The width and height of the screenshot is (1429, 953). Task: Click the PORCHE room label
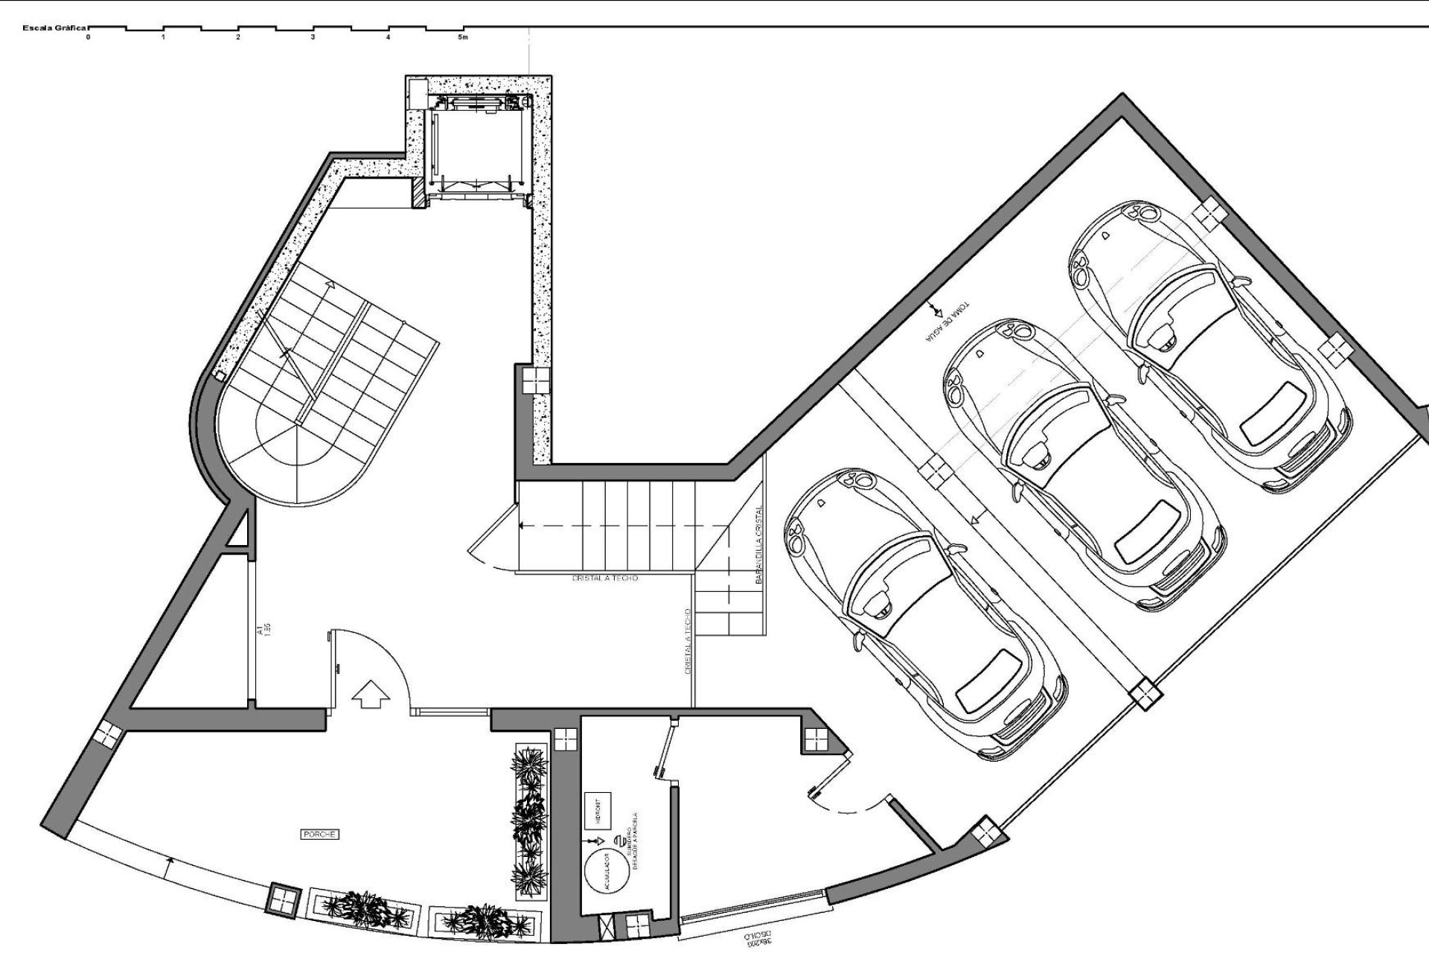(320, 835)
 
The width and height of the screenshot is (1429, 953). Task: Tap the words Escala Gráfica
(56, 28)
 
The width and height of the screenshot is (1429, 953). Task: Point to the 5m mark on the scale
(463, 36)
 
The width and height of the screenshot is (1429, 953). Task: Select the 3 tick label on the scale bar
(313, 36)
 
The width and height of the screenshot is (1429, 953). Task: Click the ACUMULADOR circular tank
(605, 871)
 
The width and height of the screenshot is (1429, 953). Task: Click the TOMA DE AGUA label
(944, 325)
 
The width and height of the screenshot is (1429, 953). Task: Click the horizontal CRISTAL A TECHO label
(605, 578)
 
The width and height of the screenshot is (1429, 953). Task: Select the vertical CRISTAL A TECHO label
(688, 642)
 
